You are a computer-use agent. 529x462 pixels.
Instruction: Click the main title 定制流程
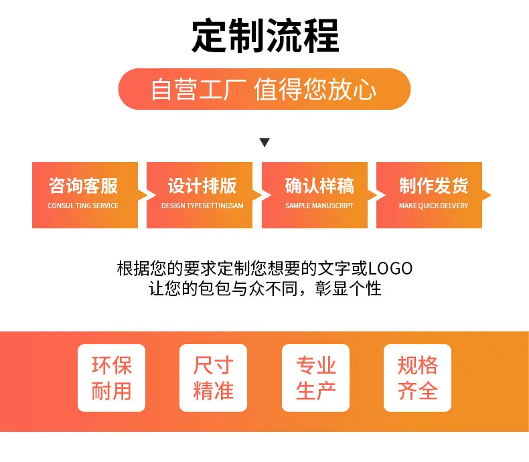[265, 35]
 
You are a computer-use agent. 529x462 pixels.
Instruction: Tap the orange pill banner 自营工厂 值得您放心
[264, 89]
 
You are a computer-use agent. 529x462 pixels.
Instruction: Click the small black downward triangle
[264, 143]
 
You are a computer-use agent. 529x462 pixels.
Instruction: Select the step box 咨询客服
[85, 195]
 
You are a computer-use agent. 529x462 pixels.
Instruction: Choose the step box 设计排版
[200, 195]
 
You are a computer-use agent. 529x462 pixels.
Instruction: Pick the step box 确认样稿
[315, 195]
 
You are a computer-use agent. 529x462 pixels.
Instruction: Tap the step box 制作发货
[429, 195]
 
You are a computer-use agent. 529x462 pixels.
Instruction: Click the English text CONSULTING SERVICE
[83, 206]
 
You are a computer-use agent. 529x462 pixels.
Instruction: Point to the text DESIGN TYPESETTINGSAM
[202, 206]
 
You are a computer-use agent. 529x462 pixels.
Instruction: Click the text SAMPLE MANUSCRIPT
[319, 206]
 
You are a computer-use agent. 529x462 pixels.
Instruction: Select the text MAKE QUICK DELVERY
[433, 206]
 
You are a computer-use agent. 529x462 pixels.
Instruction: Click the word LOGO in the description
[390, 268]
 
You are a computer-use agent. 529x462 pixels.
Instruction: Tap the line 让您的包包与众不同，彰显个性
[265, 289]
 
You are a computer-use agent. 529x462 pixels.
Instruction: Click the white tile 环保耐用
[111, 378]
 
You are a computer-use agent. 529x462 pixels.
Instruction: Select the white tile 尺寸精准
[213, 378]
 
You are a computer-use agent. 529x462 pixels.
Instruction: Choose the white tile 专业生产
[316, 378]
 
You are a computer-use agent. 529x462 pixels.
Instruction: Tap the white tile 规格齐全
[418, 378]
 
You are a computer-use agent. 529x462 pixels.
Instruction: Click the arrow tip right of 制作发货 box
[492, 195]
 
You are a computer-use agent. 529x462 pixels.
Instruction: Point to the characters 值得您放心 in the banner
[315, 89]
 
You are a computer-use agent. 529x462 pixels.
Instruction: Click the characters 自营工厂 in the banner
[198, 89]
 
